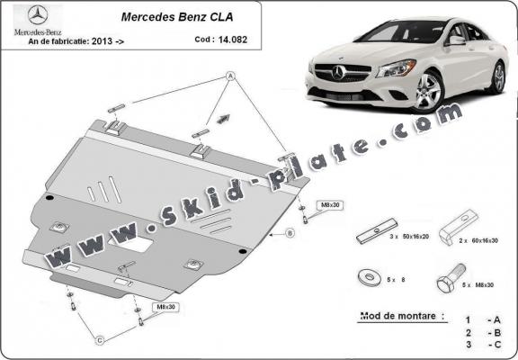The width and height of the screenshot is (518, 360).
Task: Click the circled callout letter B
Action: pyautogui.click(x=290, y=234)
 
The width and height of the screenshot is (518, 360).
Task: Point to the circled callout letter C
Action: pyautogui.click(x=102, y=339)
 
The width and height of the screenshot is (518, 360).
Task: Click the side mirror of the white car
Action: pyautogui.click(x=458, y=41)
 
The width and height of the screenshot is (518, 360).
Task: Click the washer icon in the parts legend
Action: pyautogui.click(x=369, y=277)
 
